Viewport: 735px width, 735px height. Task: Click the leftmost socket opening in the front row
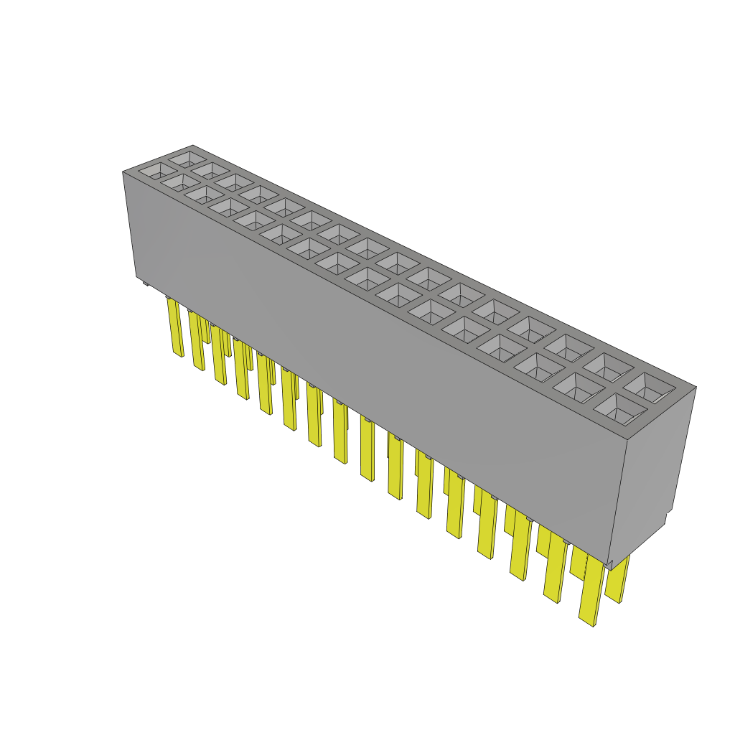152,172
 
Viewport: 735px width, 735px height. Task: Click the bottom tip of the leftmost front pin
178,355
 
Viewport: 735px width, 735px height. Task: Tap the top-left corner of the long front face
123,172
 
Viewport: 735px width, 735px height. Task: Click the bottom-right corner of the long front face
609,563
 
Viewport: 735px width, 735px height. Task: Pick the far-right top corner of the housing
696,388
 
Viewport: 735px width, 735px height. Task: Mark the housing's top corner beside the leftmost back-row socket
192,146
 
